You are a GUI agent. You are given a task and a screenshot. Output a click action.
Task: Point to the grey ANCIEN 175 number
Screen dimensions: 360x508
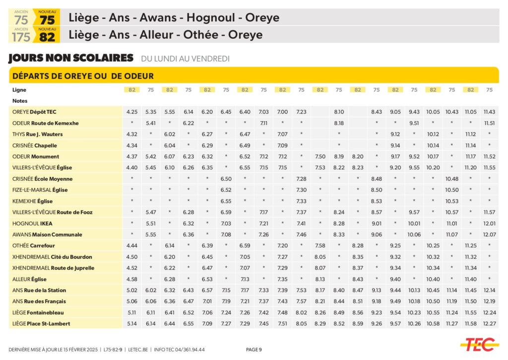[x=21, y=37]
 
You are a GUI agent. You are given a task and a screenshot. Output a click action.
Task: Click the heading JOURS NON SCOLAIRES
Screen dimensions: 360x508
[x=71, y=58]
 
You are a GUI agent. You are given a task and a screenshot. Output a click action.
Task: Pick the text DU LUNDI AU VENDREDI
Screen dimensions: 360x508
[x=185, y=59]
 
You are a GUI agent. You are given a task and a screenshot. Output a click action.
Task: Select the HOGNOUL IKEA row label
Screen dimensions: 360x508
[x=32, y=223]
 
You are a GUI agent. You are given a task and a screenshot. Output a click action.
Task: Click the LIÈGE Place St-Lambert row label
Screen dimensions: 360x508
[x=41, y=324]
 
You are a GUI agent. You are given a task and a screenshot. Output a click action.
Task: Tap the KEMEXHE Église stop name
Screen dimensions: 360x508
[x=33, y=201]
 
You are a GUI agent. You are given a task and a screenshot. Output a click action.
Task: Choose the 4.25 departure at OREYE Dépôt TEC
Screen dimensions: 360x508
[x=132, y=112]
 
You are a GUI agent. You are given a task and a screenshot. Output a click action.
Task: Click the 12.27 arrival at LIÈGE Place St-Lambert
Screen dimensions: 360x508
[x=489, y=324]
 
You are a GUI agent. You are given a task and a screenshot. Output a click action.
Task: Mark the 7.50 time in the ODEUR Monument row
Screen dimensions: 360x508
[x=320, y=156]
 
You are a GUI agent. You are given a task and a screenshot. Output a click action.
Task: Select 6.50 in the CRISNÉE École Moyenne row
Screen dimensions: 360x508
[x=226, y=179]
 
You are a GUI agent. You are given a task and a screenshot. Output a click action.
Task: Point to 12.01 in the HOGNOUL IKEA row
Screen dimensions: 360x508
[x=489, y=223]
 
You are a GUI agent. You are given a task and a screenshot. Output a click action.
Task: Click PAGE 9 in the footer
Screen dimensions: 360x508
[x=254, y=350]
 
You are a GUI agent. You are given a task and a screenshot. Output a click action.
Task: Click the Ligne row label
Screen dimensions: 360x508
[x=19, y=90]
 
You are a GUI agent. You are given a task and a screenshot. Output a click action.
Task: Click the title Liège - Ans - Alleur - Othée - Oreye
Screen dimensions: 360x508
[x=166, y=35]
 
